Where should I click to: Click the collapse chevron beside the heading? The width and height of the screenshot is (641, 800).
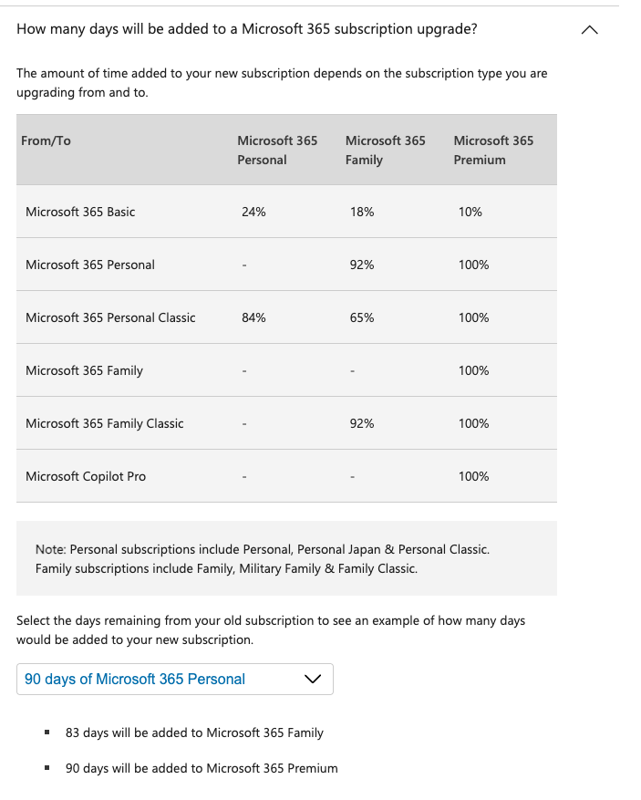pyautogui.click(x=590, y=30)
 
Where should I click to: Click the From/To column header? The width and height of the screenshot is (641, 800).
pyautogui.click(x=46, y=140)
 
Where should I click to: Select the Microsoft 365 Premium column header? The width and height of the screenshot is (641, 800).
pyautogui.click(x=492, y=150)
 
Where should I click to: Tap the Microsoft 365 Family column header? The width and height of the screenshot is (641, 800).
pyautogui.click(x=385, y=150)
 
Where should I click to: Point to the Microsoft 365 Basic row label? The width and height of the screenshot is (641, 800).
pyautogui.click(x=80, y=212)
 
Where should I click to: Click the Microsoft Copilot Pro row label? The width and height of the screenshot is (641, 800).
pyautogui.click(x=86, y=476)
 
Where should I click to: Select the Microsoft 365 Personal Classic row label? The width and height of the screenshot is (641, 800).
pyautogui.click(x=110, y=317)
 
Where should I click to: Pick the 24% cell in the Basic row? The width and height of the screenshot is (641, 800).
pyautogui.click(x=253, y=212)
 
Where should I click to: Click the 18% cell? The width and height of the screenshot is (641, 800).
pyautogui.click(x=361, y=212)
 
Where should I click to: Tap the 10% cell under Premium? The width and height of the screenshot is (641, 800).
pyautogui.click(x=470, y=212)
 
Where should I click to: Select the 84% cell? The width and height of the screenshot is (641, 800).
pyautogui.click(x=253, y=317)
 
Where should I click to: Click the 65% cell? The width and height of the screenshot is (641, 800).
pyautogui.click(x=361, y=317)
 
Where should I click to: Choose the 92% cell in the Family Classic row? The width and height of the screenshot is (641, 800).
pyautogui.click(x=361, y=423)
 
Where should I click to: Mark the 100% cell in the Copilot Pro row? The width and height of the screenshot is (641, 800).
pyautogui.click(x=474, y=476)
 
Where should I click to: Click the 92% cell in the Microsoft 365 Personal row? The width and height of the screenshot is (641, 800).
pyautogui.click(x=361, y=265)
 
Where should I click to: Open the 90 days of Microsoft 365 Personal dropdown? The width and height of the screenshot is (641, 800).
pyautogui.click(x=174, y=679)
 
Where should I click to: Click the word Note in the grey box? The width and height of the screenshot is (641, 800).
pyautogui.click(x=50, y=549)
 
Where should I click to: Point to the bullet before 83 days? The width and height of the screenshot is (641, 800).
pyautogui.click(x=47, y=732)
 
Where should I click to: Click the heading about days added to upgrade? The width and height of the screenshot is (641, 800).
pyautogui.click(x=246, y=28)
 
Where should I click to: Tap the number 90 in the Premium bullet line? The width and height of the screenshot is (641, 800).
pyautogui.click(x=73, y=768)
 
